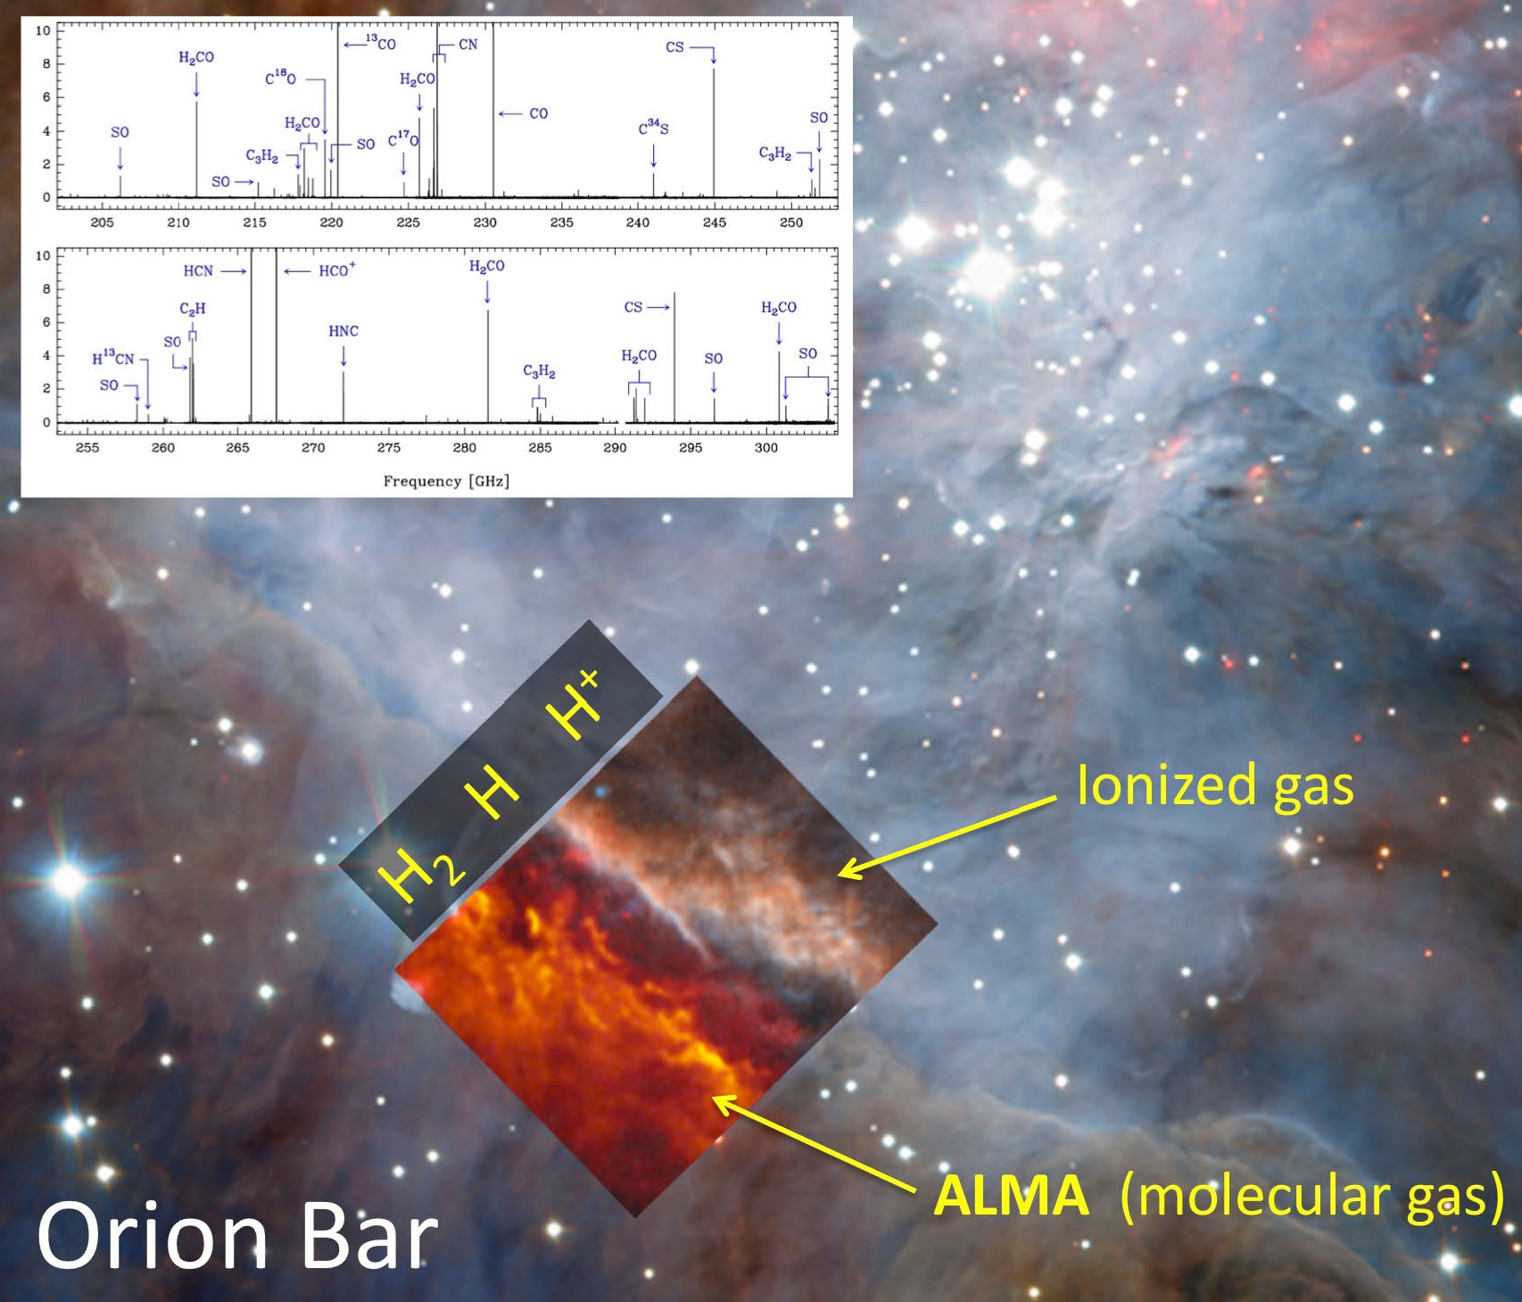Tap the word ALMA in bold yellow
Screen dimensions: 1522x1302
(1011, 1195)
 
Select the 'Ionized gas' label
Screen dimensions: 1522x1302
(1215, 787)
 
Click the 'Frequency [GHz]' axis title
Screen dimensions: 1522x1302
(446, 481)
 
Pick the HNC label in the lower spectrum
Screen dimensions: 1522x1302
(343, 331)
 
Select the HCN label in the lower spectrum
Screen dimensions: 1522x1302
(198, 270)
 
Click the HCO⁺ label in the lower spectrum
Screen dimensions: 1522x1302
(337, 270)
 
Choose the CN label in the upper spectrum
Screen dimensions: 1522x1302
(468, 45)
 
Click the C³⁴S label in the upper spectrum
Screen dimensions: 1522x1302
(653, 127)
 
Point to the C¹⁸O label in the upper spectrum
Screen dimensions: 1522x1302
(280, 78)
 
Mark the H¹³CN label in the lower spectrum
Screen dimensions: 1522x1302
(113, 358)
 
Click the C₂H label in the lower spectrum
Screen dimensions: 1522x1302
(193, 309)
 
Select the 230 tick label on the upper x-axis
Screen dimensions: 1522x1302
(484, 222)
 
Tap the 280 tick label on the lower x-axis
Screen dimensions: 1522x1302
(464, 447)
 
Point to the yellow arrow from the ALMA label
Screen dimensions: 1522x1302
(815, 1143)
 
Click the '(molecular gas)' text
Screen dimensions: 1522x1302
(1311, 1197)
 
